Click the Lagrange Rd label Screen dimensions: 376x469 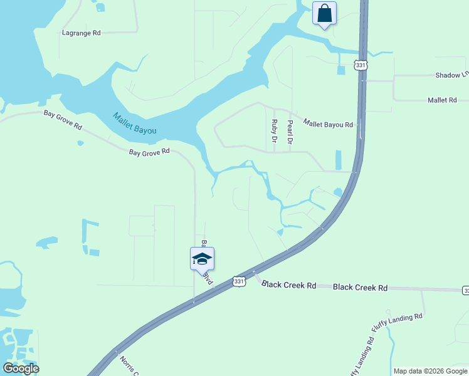click(x=82, y=33)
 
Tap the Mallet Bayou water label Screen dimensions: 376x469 click(x=134, y=123)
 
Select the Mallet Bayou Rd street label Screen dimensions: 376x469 click(x=328, y=124)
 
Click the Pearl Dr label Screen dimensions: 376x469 click(x=290, y=132)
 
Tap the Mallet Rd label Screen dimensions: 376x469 click(x=442, y=100)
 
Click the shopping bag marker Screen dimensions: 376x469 click(x=324, y=13)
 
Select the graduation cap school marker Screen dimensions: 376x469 click(x=202, y=259)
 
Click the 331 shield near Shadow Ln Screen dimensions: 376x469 click(x=360, y=65)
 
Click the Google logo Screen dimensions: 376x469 click(x=21, y=368)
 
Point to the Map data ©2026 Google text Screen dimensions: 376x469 click(x=430, y=371)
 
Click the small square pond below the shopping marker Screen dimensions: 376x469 click(x=341, y=70)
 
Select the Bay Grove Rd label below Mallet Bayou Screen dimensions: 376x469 click(x=149, y=152)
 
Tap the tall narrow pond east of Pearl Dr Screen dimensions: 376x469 click(x=339, y=160)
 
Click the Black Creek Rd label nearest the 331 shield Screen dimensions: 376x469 click(x=289, y=285)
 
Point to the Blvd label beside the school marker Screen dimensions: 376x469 click(x=209, y=279)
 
